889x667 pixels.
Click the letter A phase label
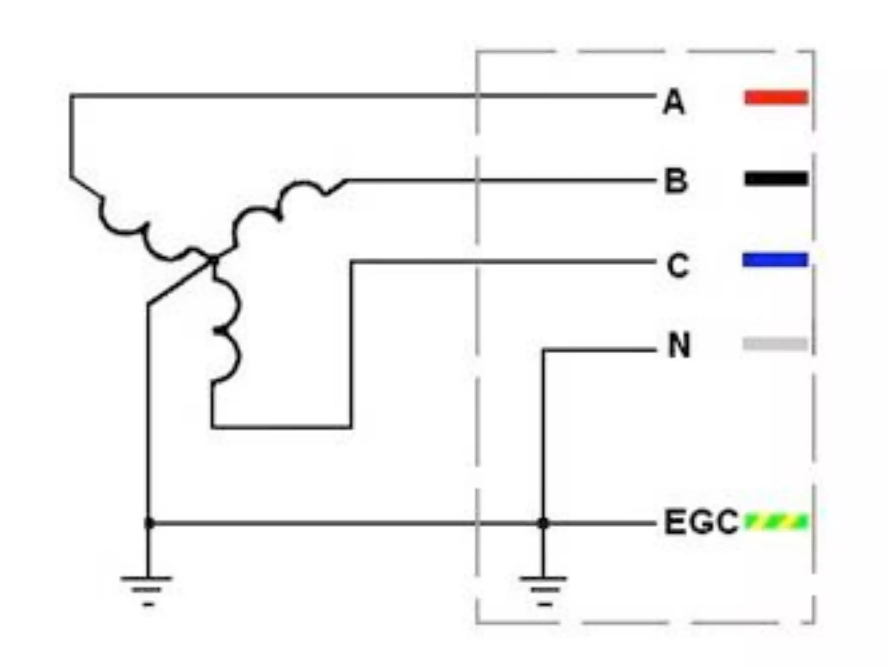tap(674, 102)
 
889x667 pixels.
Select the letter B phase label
tap(676, 181)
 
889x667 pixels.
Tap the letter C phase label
tap(678, 265)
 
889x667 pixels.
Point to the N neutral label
tap(679, 346)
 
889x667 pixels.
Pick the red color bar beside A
tap(776, 97)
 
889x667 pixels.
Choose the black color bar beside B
tap(776, 178)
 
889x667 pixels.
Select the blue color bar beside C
tap(775, 260)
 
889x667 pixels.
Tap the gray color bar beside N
tap(775, 344)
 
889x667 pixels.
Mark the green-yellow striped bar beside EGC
tap(776, 522)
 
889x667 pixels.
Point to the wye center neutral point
tap(214, 260)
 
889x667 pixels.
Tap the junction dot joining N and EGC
tap(543, 523)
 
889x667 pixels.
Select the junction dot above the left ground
tap(148, 523)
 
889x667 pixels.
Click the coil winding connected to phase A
tap(143, 230)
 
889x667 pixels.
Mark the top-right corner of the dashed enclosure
tap(813, 52)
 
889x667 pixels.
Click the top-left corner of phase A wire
tap(71, 95)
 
